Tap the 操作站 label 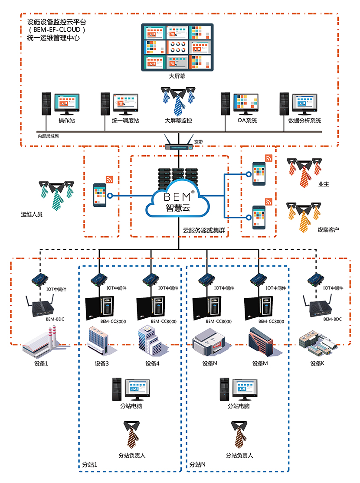67,121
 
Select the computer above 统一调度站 119,104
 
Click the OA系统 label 247,121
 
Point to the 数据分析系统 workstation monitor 307,103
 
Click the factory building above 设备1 38,343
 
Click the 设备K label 317,363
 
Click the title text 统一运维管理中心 53,38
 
